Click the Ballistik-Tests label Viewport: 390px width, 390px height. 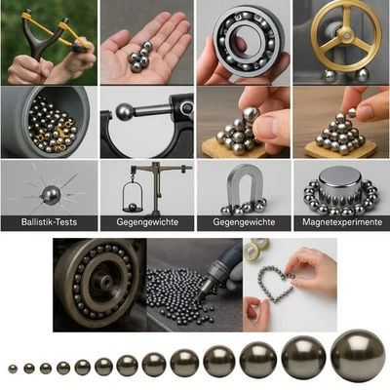49,223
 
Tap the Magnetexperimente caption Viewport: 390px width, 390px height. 340,223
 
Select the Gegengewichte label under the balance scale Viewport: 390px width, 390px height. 146,223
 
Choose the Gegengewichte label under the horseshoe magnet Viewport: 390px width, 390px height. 244,223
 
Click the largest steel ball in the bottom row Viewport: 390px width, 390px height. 358,356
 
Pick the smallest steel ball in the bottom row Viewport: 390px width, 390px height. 13,369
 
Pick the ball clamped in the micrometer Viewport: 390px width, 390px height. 124,112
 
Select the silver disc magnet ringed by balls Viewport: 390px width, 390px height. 340,179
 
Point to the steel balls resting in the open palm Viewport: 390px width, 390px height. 145,58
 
